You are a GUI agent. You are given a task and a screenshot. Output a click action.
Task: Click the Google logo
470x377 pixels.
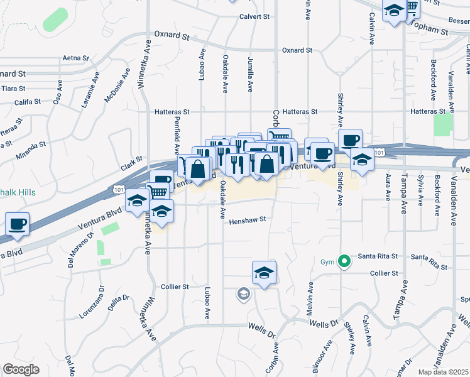pos(21,369)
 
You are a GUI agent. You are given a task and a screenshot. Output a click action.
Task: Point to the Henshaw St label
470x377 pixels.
pos(248,221)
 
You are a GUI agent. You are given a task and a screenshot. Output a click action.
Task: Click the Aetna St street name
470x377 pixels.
pos(75,58)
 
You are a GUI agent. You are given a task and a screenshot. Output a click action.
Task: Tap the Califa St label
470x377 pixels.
pos(28,101)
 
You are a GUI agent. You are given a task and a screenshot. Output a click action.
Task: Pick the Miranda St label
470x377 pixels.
pos(33,145)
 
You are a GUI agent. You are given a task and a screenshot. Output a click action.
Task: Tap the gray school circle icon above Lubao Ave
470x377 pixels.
pos(243,293)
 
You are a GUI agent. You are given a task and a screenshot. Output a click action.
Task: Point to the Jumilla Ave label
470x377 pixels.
pos(249,74)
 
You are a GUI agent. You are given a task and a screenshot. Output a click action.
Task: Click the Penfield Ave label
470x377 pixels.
pos(177,139)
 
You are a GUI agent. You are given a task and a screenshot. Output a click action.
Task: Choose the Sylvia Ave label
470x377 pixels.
pos(420,191)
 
